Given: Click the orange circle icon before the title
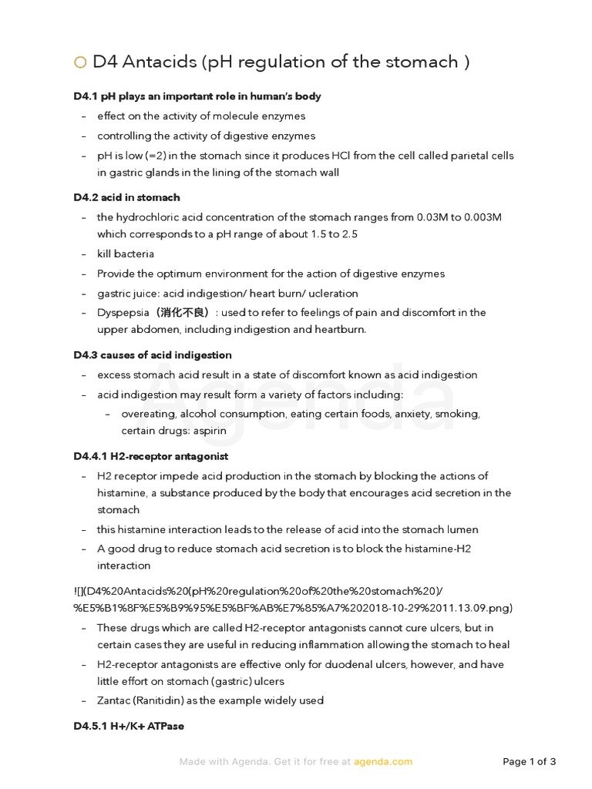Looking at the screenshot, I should (x=80, y=63).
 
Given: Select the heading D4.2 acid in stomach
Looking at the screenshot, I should (x=126, y=197).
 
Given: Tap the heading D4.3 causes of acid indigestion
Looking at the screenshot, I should (x=153, y=355).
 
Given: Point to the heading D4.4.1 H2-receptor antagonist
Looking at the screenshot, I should (x=151, y=456).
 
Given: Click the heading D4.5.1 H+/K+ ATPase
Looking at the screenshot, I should (x=129, y=726).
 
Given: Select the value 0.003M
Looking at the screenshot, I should (x=479, y=217).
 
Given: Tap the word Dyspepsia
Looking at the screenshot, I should (x=123, y=313).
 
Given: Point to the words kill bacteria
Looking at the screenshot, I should (x=126, y=253).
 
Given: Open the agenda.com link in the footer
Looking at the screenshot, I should (x=383, y=762).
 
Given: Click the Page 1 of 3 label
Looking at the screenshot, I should (x=529, y=762).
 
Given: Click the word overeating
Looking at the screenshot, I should (x=149, y=414).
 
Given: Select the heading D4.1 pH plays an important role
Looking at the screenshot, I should (x=197, y=96).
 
